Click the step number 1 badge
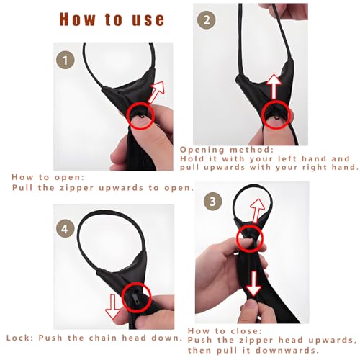(x=66, y=60)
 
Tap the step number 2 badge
(x=207, y=19)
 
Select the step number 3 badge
(x=213, y=201)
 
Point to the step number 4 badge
(x=66, y=228)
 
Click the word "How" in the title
(x=77, y=19)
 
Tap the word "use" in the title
(x=148, y=19)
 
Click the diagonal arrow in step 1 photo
(x=156, y=92)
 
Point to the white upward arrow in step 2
(x=274, y=86)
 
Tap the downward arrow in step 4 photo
(x=113, y=307)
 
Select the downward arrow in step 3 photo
(x=254, y=284)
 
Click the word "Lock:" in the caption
(x=20, y=338)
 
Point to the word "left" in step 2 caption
(x=287, y=158)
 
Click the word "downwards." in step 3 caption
(x=287, y=351)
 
